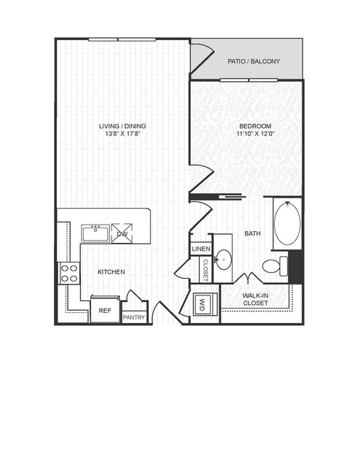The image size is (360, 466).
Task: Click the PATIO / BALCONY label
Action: tap(254, 61)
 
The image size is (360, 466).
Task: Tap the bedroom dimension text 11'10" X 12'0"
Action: tap(255, 133)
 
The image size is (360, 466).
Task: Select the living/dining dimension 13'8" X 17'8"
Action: tap(122, 133)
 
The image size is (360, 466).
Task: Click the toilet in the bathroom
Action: tap(275, 266)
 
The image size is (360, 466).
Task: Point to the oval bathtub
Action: tap(287, 223)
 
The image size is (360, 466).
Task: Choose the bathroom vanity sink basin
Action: tap(223, 260)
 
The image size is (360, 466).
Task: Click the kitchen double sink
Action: tap(95, 233)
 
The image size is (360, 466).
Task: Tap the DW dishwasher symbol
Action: tap(122, 233)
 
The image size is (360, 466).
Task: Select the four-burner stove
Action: tap(69, 273)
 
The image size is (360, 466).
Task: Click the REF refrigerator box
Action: tap(105, 309)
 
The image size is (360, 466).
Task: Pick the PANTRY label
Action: tap(134, 317)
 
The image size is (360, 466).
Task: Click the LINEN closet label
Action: tap(201, 249)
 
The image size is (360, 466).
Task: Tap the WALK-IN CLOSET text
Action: tap(256, 299)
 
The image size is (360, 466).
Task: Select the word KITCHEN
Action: tap(111, 272)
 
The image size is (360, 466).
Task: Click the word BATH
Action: tap(252, 233)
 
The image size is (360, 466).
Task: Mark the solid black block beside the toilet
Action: tap(295, 267)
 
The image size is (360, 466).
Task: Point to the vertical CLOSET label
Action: tap(206, 270)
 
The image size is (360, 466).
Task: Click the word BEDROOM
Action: tap(255, 126)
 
